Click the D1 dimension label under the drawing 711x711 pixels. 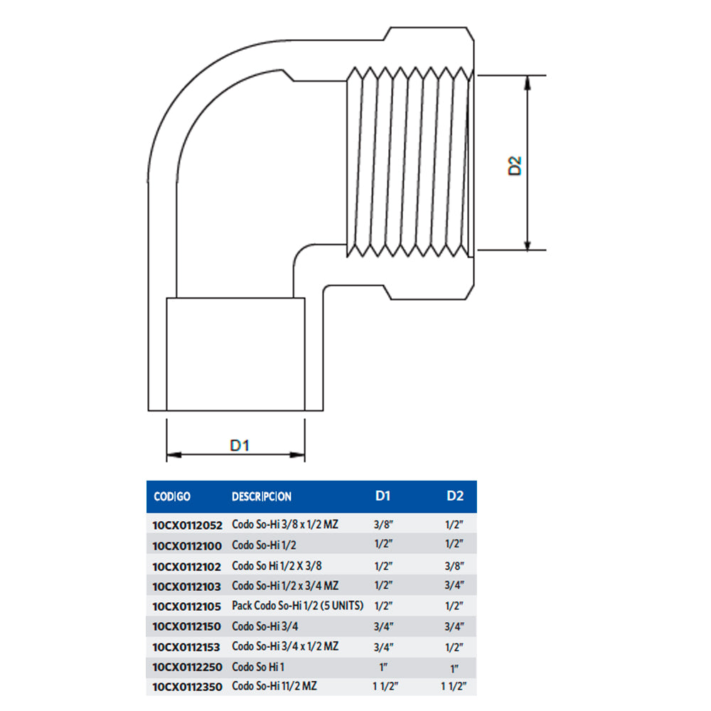[239, 445]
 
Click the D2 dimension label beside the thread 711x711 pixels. [515, 166]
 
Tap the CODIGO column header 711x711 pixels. [172, 496]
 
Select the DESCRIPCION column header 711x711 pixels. [262, 496]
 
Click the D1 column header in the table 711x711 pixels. [383, 496]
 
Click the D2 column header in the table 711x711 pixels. [455, 496]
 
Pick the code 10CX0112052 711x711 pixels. [187, 525]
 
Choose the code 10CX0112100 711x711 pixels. [187, 545]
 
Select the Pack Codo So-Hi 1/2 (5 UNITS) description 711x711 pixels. [298, 606]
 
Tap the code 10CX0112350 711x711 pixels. [187, 688]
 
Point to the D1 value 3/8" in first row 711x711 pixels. [383, 525]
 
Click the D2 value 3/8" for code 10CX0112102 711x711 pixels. [454, 566]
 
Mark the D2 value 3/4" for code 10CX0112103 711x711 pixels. [454, 586]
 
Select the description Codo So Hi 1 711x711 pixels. [258, 667]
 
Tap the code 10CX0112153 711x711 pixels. [187, 647]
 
